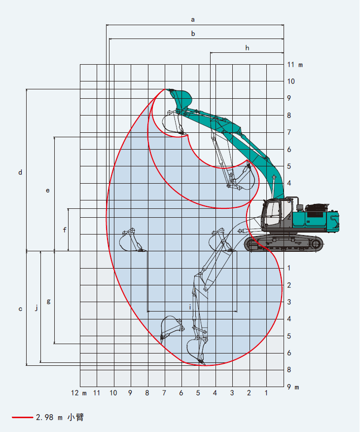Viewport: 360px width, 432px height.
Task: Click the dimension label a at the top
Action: click(x=193, y=20)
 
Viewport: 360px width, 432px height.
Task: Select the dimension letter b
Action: click(x=193, y=34)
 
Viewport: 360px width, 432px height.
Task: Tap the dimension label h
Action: click(x=247, y=48)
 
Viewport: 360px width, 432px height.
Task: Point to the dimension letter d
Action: click(x=20, y=172)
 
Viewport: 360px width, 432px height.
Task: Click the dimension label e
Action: click(x=48, y=191)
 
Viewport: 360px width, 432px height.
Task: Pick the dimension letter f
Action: click(x=65, y=230)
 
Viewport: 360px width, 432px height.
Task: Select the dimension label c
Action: click(x=20, y=309)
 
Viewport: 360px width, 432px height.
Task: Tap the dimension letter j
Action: click(x=36, y=308)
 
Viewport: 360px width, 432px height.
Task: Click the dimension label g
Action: click(x=48, y=301)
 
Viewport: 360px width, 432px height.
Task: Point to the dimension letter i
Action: click(x=190, y=307)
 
